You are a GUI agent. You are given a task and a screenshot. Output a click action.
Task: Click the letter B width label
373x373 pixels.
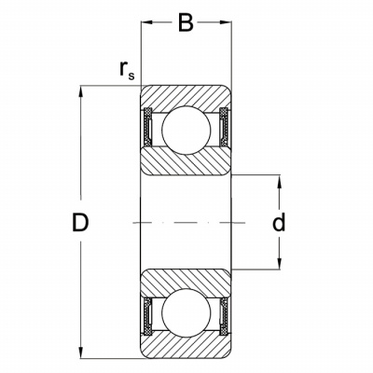pyautogui.click(x=186, y=22)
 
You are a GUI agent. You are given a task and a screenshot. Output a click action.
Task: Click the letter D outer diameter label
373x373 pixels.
pyautogui.click(x=80, y=223)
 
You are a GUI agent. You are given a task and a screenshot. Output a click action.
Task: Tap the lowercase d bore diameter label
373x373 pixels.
pyautogui.click(x=279, y=222)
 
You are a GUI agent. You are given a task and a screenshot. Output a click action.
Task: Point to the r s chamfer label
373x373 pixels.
pyautogui.click(x=127, y=70)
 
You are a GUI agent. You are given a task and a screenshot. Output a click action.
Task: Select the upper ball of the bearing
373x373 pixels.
pyautogui.click(x=186, y=130)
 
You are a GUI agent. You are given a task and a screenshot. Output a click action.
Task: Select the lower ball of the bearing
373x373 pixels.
pyautogui.click(x=186, y=312)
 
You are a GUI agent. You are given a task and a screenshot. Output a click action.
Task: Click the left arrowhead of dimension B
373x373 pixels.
pyautogui.click(x=146, y=22)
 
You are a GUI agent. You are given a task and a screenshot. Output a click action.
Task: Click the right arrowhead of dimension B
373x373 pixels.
pyautogui.click(x=226, y=22)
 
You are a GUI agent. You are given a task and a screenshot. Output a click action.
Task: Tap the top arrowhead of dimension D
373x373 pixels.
pyautogui.click(x=81, y=91)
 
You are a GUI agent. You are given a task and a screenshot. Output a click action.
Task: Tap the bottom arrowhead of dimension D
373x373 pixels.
pyautogui.click(x=81, y=352)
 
